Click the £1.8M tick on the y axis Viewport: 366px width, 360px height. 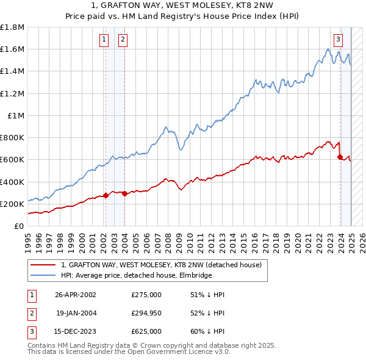tap(13, 27)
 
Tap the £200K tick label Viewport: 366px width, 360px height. tap(13, 204)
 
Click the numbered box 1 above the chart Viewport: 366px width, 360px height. tap(104, 40)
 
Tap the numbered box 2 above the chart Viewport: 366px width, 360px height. tap(123, 40)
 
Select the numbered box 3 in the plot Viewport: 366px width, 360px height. tap(338, 40)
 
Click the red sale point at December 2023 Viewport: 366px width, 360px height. tap(340, 157)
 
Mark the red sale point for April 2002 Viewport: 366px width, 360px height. tap(106, 195)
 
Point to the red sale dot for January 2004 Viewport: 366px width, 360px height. tap(124, 193)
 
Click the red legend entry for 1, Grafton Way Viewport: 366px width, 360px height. tap(161, 265)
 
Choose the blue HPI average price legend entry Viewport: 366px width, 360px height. tap(135, 275)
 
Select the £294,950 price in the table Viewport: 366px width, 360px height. tap(146, 313)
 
